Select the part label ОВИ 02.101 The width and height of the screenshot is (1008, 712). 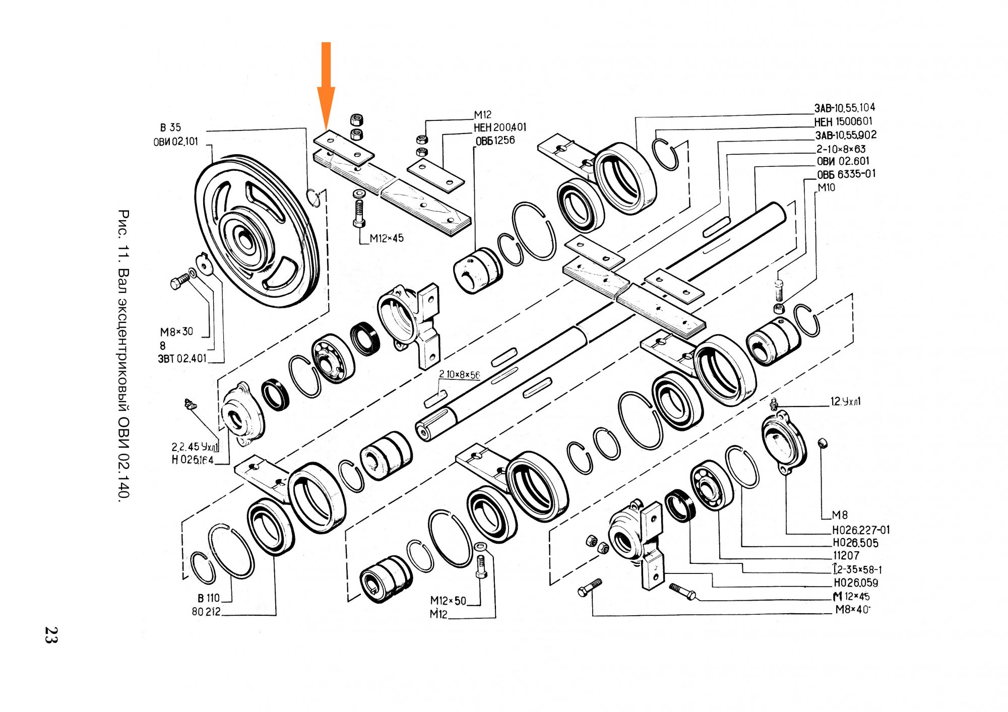click(x=176, y=142)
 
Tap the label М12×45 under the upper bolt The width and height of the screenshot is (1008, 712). click(x=387, y=238)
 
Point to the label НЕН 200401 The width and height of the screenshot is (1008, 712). click(x=500, y=127)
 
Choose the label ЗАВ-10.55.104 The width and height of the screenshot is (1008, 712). click(x=845, y=108)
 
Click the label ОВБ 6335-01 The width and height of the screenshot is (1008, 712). click(x=846, y=174)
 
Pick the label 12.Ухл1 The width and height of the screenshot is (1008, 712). click(x=846, y=402)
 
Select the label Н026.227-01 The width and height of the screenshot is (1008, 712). click(x=861, y=530)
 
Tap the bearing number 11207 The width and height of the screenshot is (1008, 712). click(x=846, y=556)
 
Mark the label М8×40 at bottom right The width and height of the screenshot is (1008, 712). click(x=852, y=610)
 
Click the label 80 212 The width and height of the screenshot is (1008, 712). click(x=206, y=612)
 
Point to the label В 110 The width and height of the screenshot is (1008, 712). click(x=209, y=598)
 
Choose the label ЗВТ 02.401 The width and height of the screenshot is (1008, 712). click(x=182, y=359)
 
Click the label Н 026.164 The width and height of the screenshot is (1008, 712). click(x=193, y=460)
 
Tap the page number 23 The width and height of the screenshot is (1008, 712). click(x=51, y=634)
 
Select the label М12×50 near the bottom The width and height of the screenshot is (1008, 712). click(x=448, y=601)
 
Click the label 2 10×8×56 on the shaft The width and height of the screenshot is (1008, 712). click(x=459, y=374)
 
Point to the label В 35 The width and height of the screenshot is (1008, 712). click(x=170, y=127)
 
